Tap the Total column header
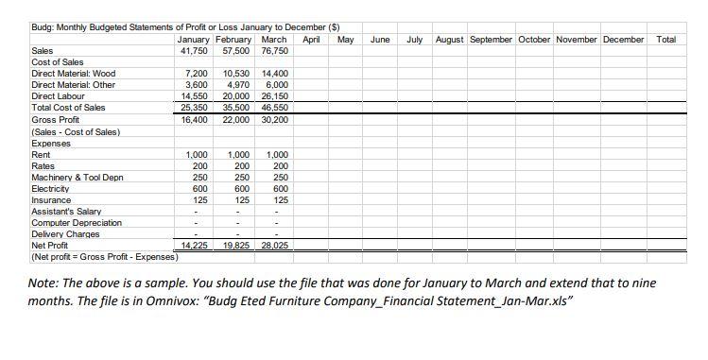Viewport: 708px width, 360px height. point(665,40)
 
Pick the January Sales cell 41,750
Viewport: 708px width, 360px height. point(193,50)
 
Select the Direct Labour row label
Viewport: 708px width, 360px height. point(58,96)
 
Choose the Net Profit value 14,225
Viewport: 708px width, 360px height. point(194,246)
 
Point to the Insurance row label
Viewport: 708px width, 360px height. point(51,200)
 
